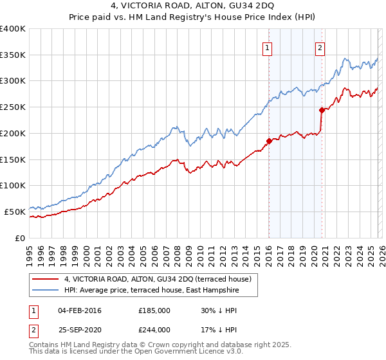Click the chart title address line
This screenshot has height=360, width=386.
point(193,6)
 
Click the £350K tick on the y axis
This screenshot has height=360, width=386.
point(13,55)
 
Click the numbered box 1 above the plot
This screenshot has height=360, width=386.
point(266,46)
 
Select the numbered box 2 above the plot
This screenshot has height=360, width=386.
point(320,46)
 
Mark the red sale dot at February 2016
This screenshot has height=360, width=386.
point(268,141)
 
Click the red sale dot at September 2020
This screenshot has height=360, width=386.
point(321,111)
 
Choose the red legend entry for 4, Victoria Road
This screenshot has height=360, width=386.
point(161,279)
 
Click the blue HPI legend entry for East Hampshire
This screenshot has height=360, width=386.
point(151,291)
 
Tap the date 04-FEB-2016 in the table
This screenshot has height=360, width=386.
point(80,311)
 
